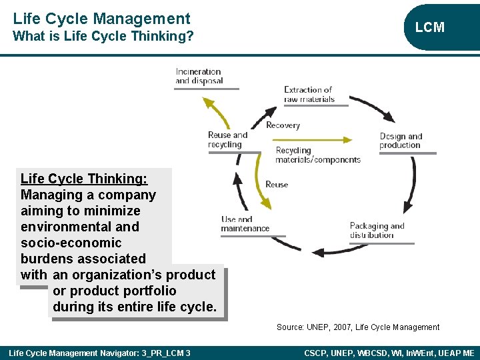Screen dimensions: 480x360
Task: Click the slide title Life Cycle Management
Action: pyautogui.click(x=101, y=19)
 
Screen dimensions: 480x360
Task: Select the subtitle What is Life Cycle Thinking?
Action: pyautogui.click(x=103, y=36)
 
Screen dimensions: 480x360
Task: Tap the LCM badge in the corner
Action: pyautogui.click(x=429, y=27)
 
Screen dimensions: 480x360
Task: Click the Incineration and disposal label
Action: pyautogui.click(x=199, y=76)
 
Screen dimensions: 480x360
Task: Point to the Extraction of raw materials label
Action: pyautogui.click(x=309, y=94)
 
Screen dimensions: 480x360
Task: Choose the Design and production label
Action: pyautogui.click(x=401, y=141)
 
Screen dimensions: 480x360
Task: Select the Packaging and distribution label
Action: pyautogui.click(x=377, y=230)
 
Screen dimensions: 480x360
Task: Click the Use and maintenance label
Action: pyautogui.click(x=245, y=224)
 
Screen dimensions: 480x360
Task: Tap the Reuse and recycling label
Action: pyautogui.click(x=227, y=139)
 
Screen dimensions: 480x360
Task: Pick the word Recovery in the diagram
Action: pyautogui.click(x=283, y=125)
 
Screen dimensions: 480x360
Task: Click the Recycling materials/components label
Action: pyautogui.click(x=318, y=155)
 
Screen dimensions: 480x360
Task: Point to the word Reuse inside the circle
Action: pyautogui.click(x=277, y=184)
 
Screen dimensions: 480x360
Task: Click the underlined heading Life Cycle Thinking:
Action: pyautogui.click(x=84, y=179)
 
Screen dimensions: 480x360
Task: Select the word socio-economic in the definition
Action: pyautogui.click(x=71, y=243)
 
